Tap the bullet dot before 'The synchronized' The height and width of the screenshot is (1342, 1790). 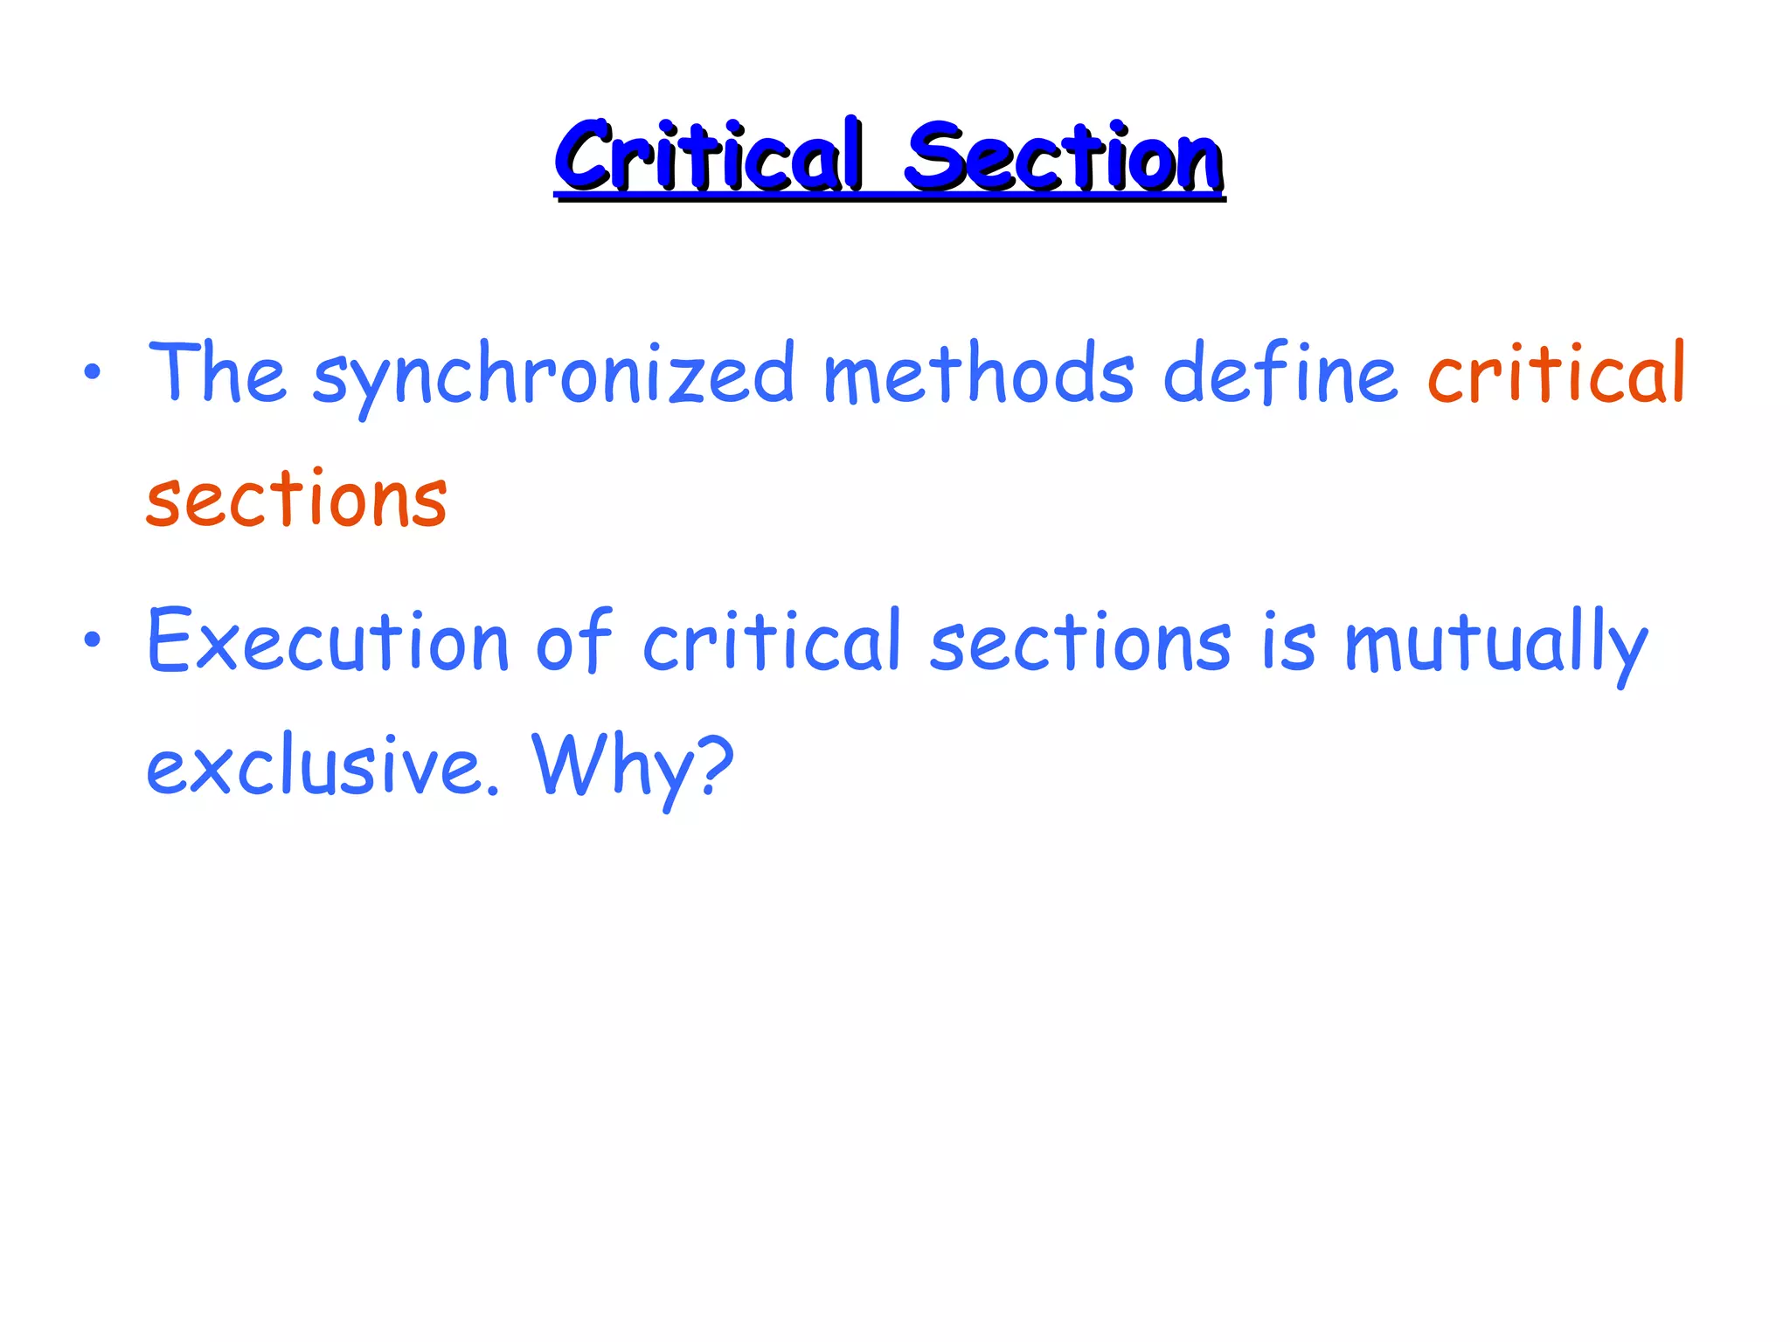[92, 373]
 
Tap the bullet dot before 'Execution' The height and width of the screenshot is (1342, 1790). [92, 641]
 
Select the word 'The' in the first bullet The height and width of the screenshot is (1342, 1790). [217, 373]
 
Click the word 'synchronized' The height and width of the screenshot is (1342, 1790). [552, 376]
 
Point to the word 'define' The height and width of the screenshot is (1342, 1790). [1280, 373]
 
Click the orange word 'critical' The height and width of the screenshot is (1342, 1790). [1556, 373]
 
